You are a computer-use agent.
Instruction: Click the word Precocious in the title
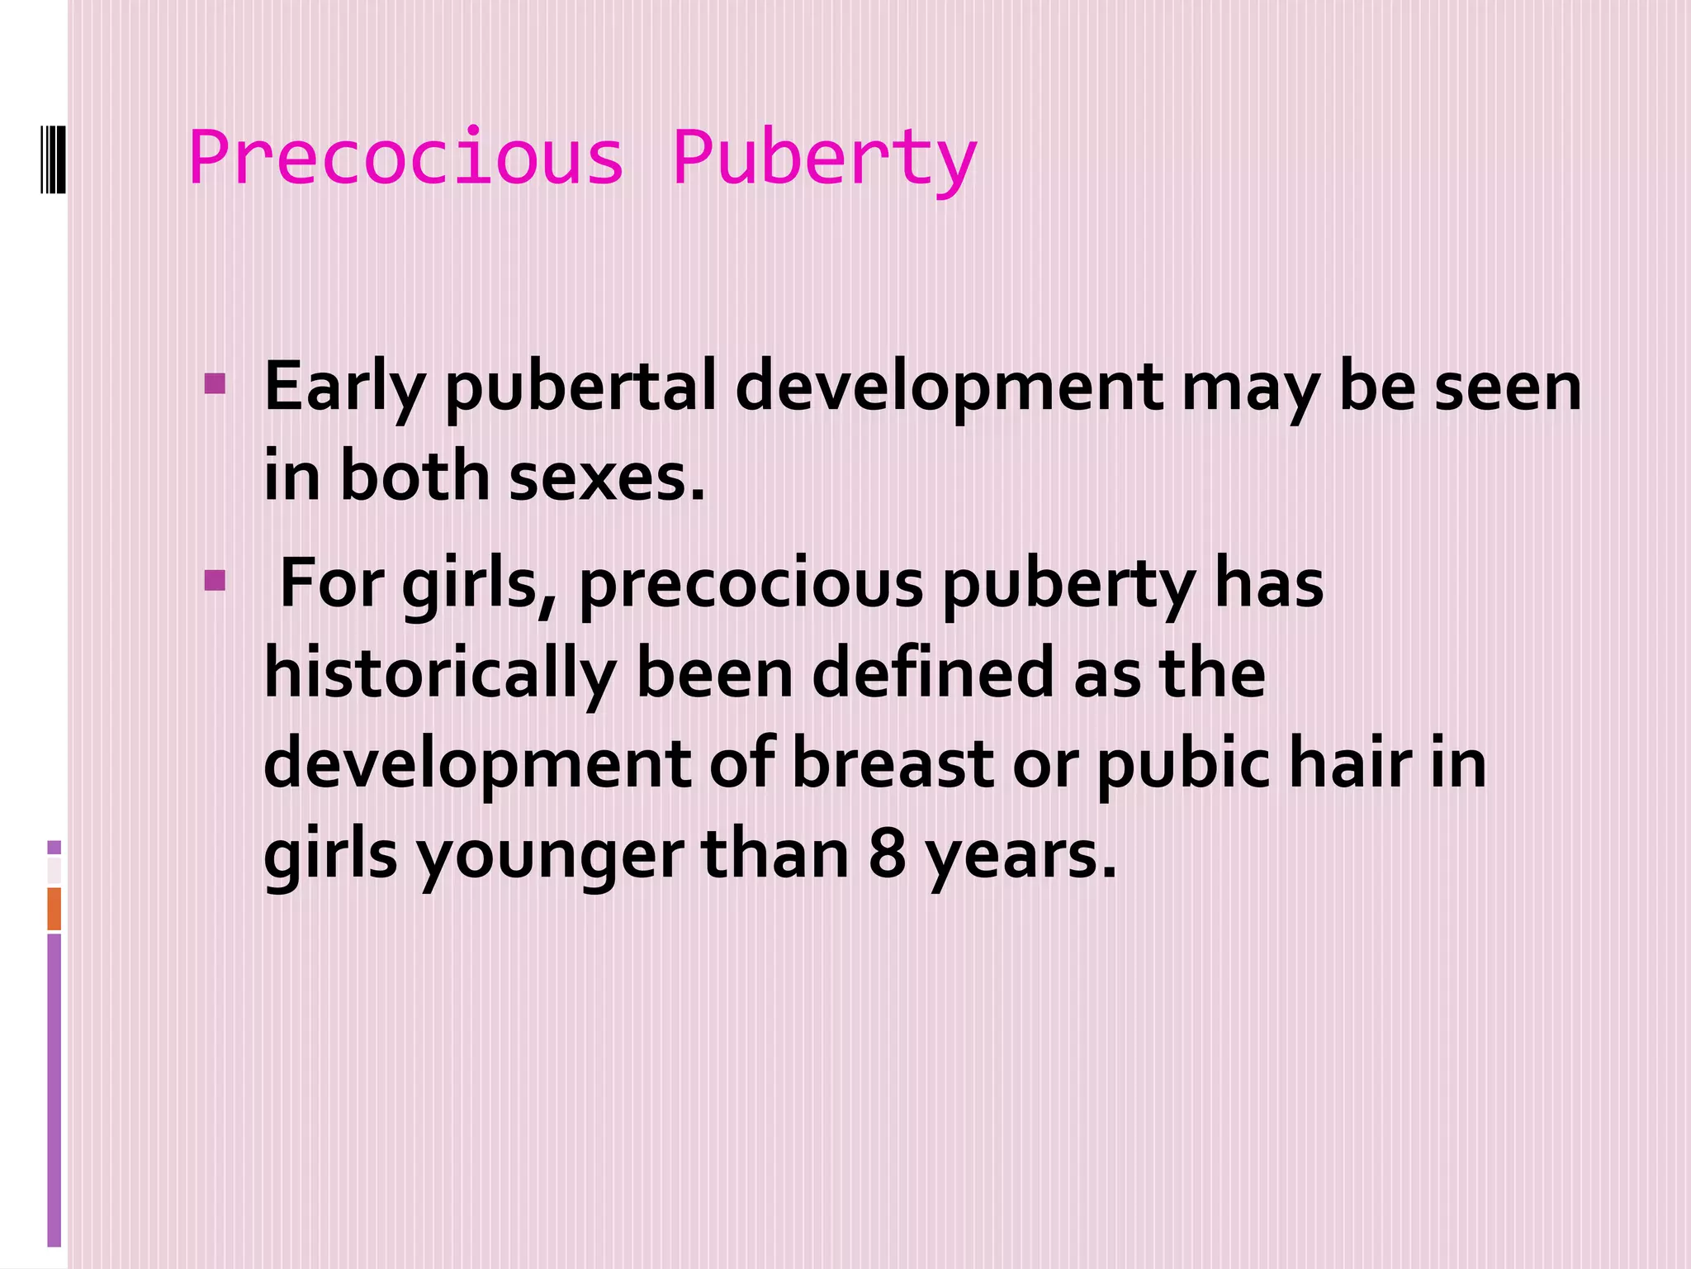pyautogui.click(x=405, y=158)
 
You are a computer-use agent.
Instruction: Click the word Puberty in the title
pyautogui.click(x=824, y=159)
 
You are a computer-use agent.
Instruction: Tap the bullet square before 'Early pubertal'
pyautogui.click(x=215, y=384)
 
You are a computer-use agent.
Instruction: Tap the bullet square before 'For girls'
pyautogui.click(x=215, y=581)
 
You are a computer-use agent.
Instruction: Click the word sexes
pyautogui.click(x=607, y=478)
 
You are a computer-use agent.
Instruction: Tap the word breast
pyautogui.click(x=893, y=763)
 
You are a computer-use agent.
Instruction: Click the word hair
pyautogui.click(x=1350, y=763)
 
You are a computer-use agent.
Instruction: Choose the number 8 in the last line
pyautogui.click(x=888, y=854)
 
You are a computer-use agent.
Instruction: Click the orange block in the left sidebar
pyautogui.click(x=54, y=909)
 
